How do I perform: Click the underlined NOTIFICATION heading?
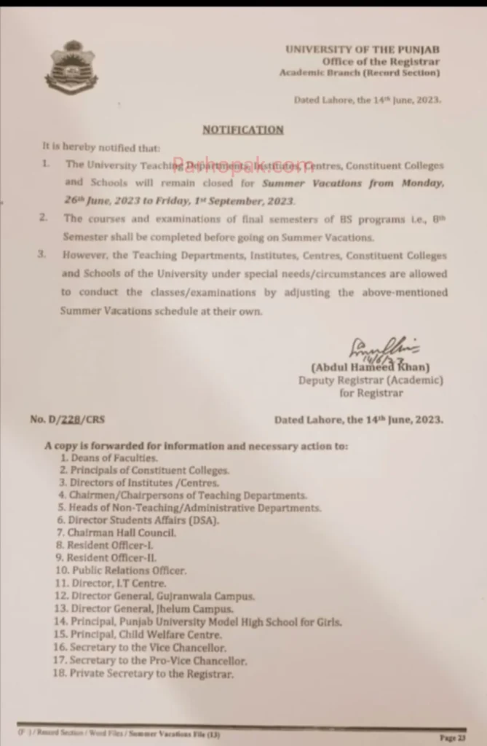[242, 130]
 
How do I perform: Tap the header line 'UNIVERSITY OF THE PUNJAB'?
[362, 50]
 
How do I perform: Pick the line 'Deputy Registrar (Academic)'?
[370, 380]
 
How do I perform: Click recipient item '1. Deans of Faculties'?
[109, 458]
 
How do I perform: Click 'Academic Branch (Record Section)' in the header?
[359, 73]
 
